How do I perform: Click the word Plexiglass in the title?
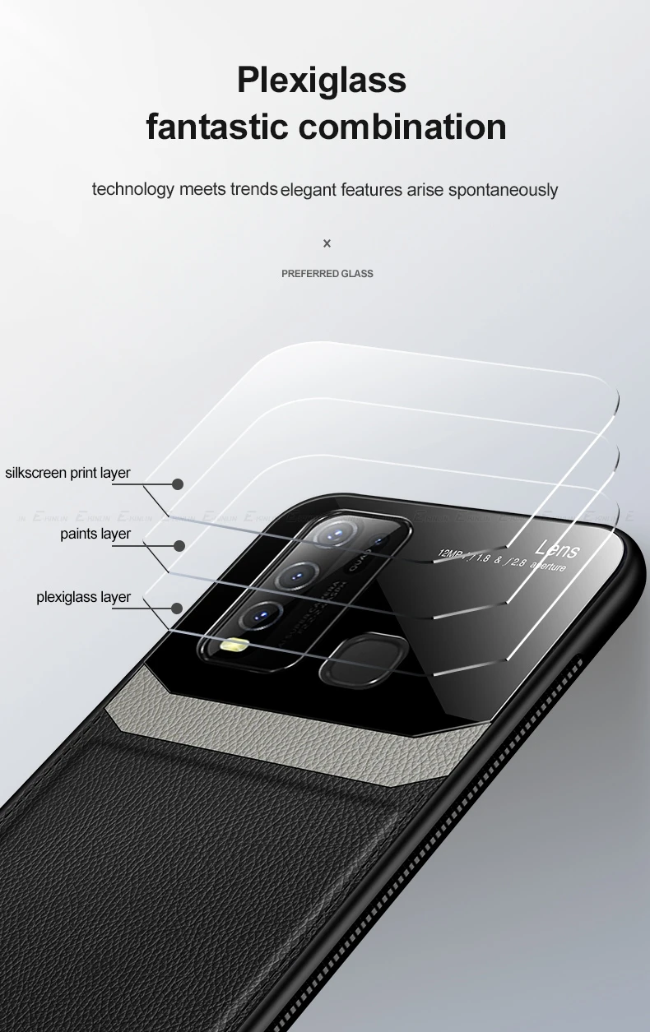click(322, 81)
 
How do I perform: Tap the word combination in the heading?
click(402, 127)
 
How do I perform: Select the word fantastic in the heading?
click(216, 127)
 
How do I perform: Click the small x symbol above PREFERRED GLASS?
click(327, 243)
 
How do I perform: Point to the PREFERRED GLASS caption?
click(327, 273)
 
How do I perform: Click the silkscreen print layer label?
click(67, 473)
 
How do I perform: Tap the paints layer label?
click(95, 535)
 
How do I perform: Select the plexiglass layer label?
click(83, 597)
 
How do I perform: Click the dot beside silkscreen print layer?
click(178, 484)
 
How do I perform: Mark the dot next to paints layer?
click(179, 545)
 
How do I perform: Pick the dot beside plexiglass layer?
click(177, 609)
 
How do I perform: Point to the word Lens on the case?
click(557, 548)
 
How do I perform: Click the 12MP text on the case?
click(452, 553)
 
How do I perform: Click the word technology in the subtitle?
click(133, 189)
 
